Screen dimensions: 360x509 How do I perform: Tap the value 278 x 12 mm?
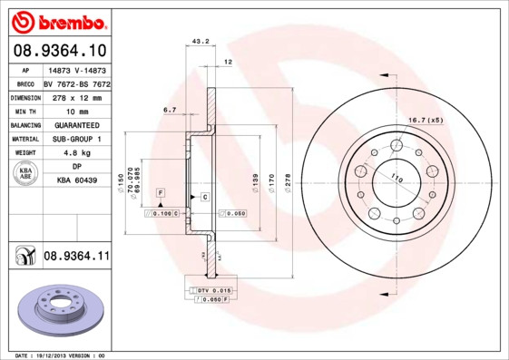pos(76,95)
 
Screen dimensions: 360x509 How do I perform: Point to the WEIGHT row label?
pos(24,153)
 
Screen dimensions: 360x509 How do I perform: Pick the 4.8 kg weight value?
pos(76,153)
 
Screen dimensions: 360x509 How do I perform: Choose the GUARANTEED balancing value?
pos(76,124)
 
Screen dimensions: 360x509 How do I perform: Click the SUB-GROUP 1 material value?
pos(76,139)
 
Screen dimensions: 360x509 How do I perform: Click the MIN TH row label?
pos(24,110)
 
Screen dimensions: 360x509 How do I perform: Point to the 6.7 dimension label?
pos(170,110)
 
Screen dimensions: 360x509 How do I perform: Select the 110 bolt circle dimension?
pos(396,178)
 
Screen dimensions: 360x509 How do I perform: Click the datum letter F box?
pos(160,194)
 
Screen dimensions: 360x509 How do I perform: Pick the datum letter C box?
pos(205,197)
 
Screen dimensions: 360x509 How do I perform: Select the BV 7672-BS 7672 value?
pos(76,82)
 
